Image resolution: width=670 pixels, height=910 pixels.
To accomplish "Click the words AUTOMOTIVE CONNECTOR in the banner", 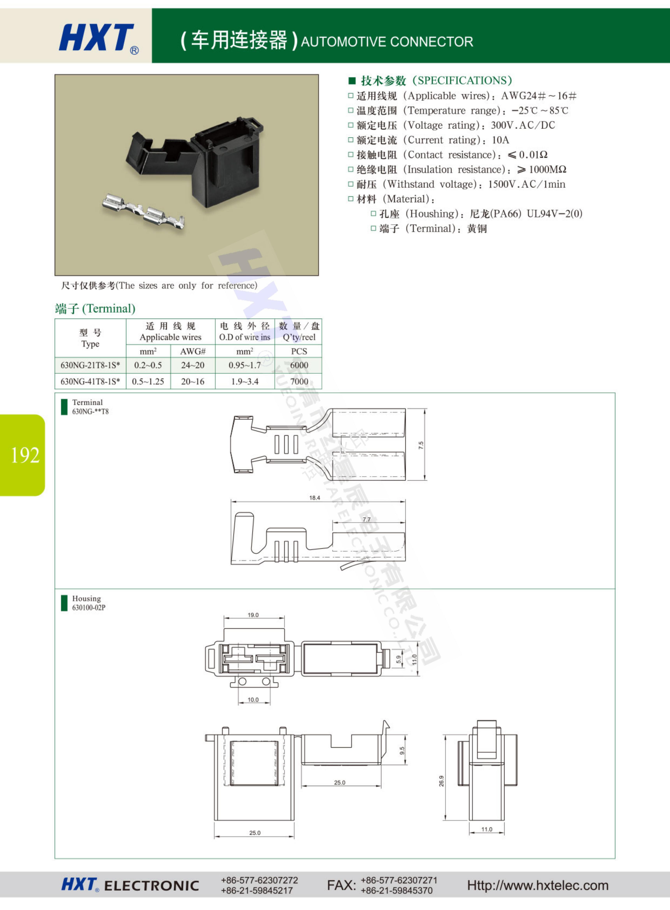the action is click(387, 42).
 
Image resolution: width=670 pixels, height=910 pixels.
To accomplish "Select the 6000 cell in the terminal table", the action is click(299, 365).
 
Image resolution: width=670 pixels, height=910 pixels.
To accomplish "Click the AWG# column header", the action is click(193, 351).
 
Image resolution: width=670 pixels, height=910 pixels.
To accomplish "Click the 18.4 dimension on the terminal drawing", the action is click(315, 498).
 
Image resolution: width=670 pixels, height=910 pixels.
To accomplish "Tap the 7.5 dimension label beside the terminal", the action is click(421, 445).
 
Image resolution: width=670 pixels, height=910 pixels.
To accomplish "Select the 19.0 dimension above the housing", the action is click(253, 615).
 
